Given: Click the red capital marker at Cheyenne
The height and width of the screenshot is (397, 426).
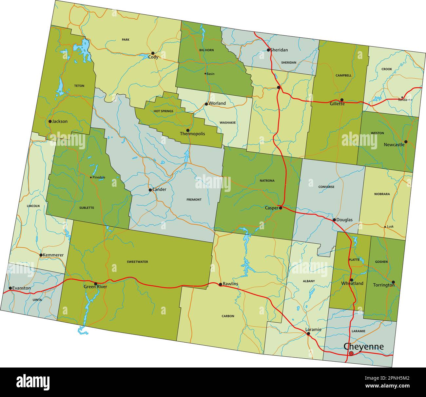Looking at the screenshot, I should pyautogui.click(x=351, y=353).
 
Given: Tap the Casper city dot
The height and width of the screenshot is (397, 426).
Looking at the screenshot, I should pyautogui.click(x=281, y=208).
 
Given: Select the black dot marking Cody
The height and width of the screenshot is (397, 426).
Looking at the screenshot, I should pyautogui.click(x=153, y=53).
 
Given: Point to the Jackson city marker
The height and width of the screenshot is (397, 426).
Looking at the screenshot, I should pyautogui.click(x=50, y=121).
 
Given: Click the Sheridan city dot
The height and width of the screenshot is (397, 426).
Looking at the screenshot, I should pyautogui.click(x=268, y=50).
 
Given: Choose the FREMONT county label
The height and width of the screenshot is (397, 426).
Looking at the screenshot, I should pyautogui.click(x=194, y=199).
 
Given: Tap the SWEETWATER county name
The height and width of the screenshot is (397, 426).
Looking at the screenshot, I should pyautogui.click(x=137, y=262).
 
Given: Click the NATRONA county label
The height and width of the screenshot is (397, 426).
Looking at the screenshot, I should pyautogui.click(x=267, y=180).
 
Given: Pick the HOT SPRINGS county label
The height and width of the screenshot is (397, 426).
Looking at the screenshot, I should pyautogui.click(x=163, y=111).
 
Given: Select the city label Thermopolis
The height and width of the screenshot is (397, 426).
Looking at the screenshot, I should pyautogui.click(x=192, y=134).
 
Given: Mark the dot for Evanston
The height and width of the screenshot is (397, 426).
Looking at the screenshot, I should pyautogui.click(x=10, y=288).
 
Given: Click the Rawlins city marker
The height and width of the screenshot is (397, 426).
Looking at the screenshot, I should pyautogui.click(x=220, y=284).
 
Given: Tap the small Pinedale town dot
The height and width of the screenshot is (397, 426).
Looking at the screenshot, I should pyautogui.click(x=91, y=178).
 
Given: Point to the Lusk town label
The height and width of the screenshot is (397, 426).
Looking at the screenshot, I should pyautogui.click(x=390, y=227).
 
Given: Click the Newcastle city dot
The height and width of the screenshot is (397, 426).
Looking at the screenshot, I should pyautogui.click(x=406, y=142).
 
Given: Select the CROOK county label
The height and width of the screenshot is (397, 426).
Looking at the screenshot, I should pyautogui.click(x=387, y=69).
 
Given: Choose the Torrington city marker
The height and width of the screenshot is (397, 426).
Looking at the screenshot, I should pyautogui.click(x=393, y=282).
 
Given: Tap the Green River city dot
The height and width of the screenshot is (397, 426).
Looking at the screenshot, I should pyautogui.click(x=96, y=284).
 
